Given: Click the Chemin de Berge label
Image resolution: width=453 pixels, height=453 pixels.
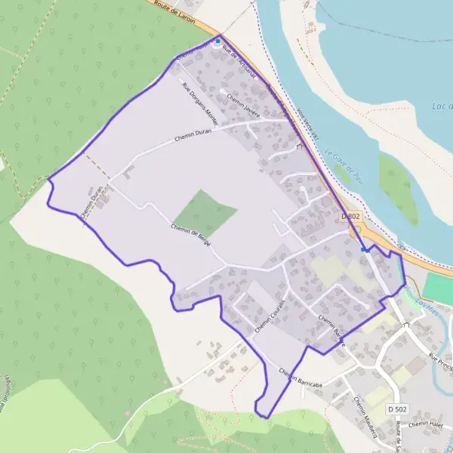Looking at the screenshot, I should pos(190,238).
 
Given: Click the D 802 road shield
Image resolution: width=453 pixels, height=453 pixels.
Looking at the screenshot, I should pos(351,216).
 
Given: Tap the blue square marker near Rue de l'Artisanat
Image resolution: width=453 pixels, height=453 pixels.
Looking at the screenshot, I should pos(218,41).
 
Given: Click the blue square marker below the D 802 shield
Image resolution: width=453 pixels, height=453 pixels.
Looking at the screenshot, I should pos(363,249).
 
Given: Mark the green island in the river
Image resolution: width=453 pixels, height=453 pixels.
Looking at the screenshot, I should pos(397,189).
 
